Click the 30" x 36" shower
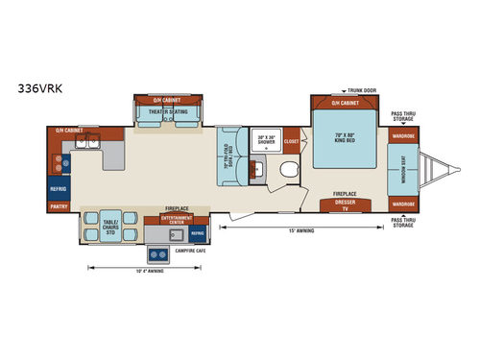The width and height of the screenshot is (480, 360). tap(266, 142)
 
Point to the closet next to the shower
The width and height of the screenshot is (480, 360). tap(292, 140)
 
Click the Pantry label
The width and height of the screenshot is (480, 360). tap(59, 205)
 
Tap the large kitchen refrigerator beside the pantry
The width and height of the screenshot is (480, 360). tap(59, 189)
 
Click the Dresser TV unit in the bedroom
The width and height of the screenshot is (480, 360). tap(347, 204)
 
